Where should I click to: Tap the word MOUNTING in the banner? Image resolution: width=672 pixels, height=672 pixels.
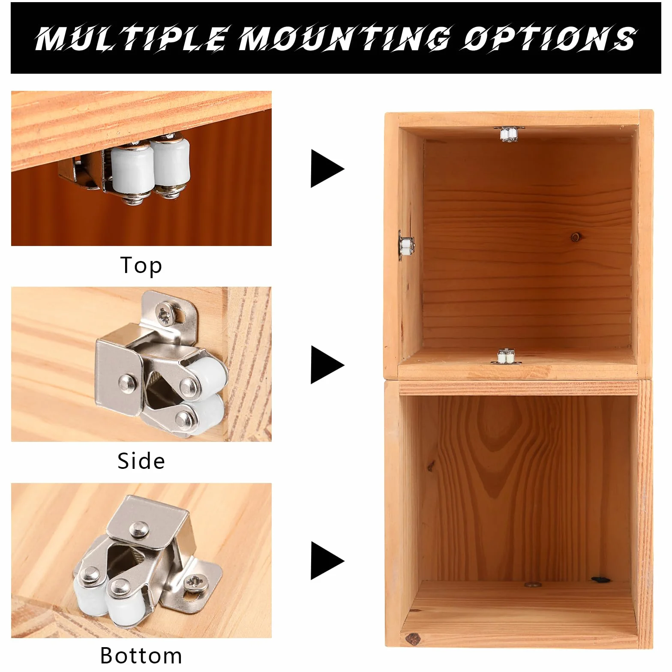344,39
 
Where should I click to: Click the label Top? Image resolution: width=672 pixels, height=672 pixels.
141,265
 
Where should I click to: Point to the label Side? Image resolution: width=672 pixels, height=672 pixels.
141,461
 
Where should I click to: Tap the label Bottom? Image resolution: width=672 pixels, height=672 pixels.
141,655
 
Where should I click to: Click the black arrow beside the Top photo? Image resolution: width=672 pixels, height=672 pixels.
327,168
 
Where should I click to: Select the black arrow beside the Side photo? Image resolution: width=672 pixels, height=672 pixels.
327,365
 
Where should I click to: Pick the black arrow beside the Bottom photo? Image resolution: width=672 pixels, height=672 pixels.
327,561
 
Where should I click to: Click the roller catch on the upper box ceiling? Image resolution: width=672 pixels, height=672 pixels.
508,134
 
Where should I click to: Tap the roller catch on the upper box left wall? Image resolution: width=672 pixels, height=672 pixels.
405,246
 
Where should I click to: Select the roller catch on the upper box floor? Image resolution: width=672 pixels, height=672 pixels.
506,357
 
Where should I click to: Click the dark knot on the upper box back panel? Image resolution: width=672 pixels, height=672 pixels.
575,237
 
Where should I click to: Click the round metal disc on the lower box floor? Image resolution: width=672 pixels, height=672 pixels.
532,584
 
